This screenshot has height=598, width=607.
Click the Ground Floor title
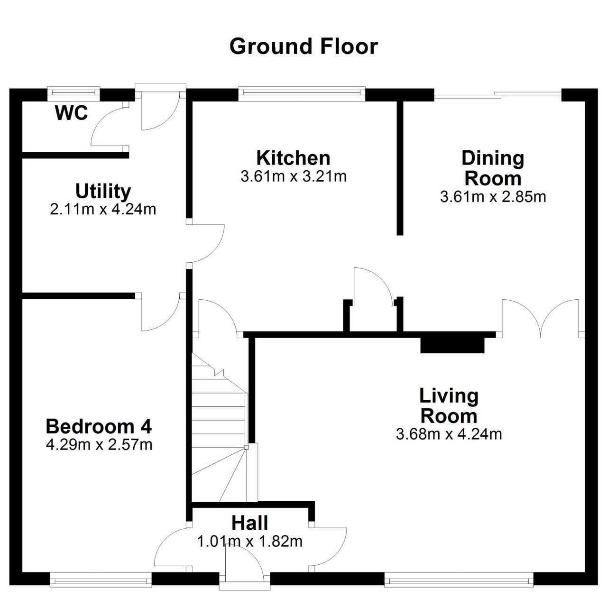click(303, 46)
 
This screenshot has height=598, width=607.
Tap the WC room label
click(72, 113)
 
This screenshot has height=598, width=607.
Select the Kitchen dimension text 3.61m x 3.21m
click(294, 176)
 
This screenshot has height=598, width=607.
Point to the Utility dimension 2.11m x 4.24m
click(103, 210)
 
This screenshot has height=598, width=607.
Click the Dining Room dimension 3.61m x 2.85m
click(493, 197)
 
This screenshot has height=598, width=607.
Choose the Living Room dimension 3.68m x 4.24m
click(449, 434)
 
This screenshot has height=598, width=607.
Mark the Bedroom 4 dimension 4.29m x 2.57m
click(99, 445)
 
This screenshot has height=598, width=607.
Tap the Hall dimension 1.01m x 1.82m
click(250, 542)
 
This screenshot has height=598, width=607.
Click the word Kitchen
click(293, 158)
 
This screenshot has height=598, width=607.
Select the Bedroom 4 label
click(99, 427)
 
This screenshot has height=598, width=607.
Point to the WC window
click(74, 92)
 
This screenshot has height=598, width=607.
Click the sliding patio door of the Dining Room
click(498, 94)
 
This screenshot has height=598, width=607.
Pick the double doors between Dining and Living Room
click(540, 318)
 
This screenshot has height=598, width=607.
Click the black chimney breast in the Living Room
click(452, 345)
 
